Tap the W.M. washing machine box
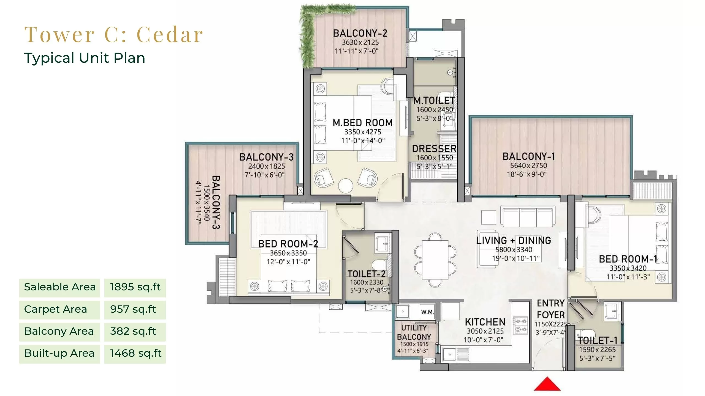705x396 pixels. pos(427,312)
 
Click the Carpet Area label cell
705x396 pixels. pos(59,309)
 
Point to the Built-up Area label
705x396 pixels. pos(59,353)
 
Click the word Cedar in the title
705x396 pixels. pos(170,35)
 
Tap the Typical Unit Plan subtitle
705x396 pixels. pos(85,58)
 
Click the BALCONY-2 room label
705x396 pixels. pos(360,33)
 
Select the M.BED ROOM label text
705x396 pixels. pos(362,123)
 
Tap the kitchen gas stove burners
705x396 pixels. pos(520,325)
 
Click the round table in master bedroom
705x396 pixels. pos(345,186)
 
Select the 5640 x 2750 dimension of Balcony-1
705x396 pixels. pos(528,166)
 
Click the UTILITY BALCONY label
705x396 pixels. pos(414,332)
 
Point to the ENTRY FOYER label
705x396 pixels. pos(551,309)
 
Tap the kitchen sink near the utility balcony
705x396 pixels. pos(450,354)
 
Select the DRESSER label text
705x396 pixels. pos(434,149)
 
